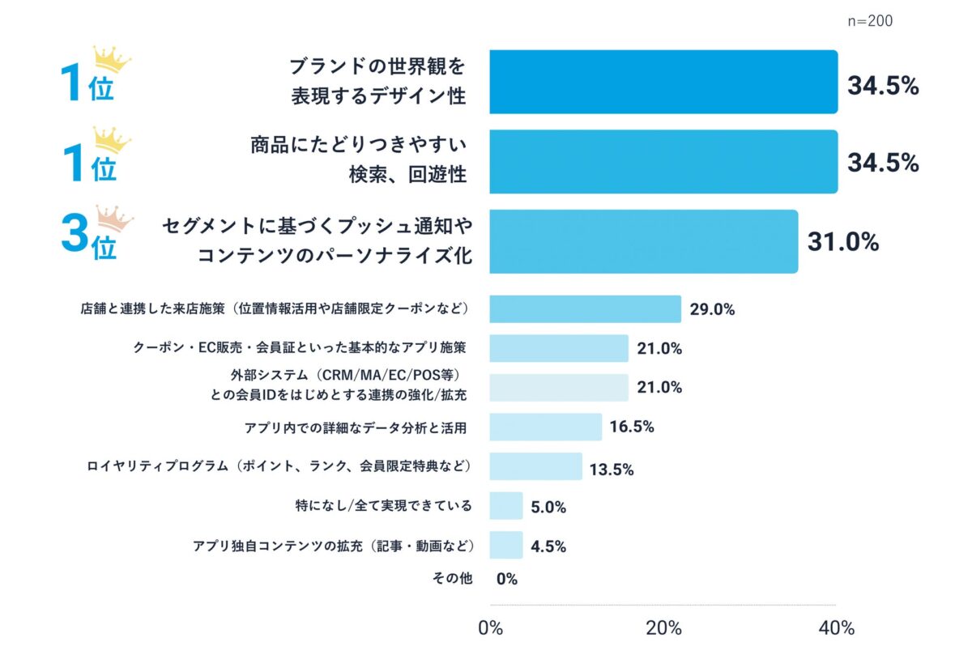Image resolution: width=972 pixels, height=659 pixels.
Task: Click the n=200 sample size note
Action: tap(870, 22)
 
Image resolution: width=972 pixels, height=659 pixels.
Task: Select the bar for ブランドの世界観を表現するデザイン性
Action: tap(663, 82)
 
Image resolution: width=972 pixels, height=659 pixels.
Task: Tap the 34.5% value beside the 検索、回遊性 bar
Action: tap(883, 163)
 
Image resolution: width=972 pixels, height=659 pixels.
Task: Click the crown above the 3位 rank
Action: tap(113, 218)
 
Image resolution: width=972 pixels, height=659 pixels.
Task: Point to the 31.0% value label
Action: tap(843, 242)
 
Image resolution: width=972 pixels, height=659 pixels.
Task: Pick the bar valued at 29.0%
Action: tap(585, 309)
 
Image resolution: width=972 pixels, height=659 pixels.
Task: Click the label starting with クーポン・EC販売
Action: tap(299, 348)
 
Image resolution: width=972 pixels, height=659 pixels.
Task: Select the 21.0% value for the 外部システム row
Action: tap(659, 387)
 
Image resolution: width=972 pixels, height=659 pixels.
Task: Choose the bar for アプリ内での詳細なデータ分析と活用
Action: tap(545, 427)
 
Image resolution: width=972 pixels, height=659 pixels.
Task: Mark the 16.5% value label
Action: tap(632, 427)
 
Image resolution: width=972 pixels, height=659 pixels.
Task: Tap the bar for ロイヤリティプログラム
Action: tap(535, 466)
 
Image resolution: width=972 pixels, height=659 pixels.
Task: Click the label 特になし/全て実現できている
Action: tap(384, 506)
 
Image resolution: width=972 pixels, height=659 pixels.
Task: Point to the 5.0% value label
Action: tap(548, 507)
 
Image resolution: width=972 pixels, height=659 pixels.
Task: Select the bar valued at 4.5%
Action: tap(506, 545)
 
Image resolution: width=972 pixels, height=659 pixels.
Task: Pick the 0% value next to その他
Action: tap(507, 579)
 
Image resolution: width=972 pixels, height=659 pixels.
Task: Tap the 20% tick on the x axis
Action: tap(663, 628)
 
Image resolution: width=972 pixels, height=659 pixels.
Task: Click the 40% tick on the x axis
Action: tap(836, 628)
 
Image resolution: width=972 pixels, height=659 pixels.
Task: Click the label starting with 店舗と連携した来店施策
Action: tap(275, 309)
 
